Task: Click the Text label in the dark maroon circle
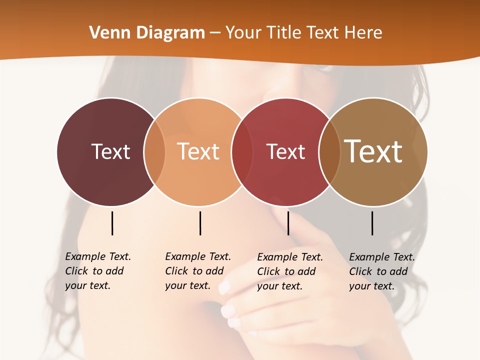(110, 151)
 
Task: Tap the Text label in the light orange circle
(198, 151)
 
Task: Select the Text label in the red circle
(285, 151)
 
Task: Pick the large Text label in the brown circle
(373, 151)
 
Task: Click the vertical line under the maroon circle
(112, 223)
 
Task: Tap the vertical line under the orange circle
(200, 223)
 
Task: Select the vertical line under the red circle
(288, 223)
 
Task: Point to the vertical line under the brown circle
(372, 223)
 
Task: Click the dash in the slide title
(215, 33)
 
